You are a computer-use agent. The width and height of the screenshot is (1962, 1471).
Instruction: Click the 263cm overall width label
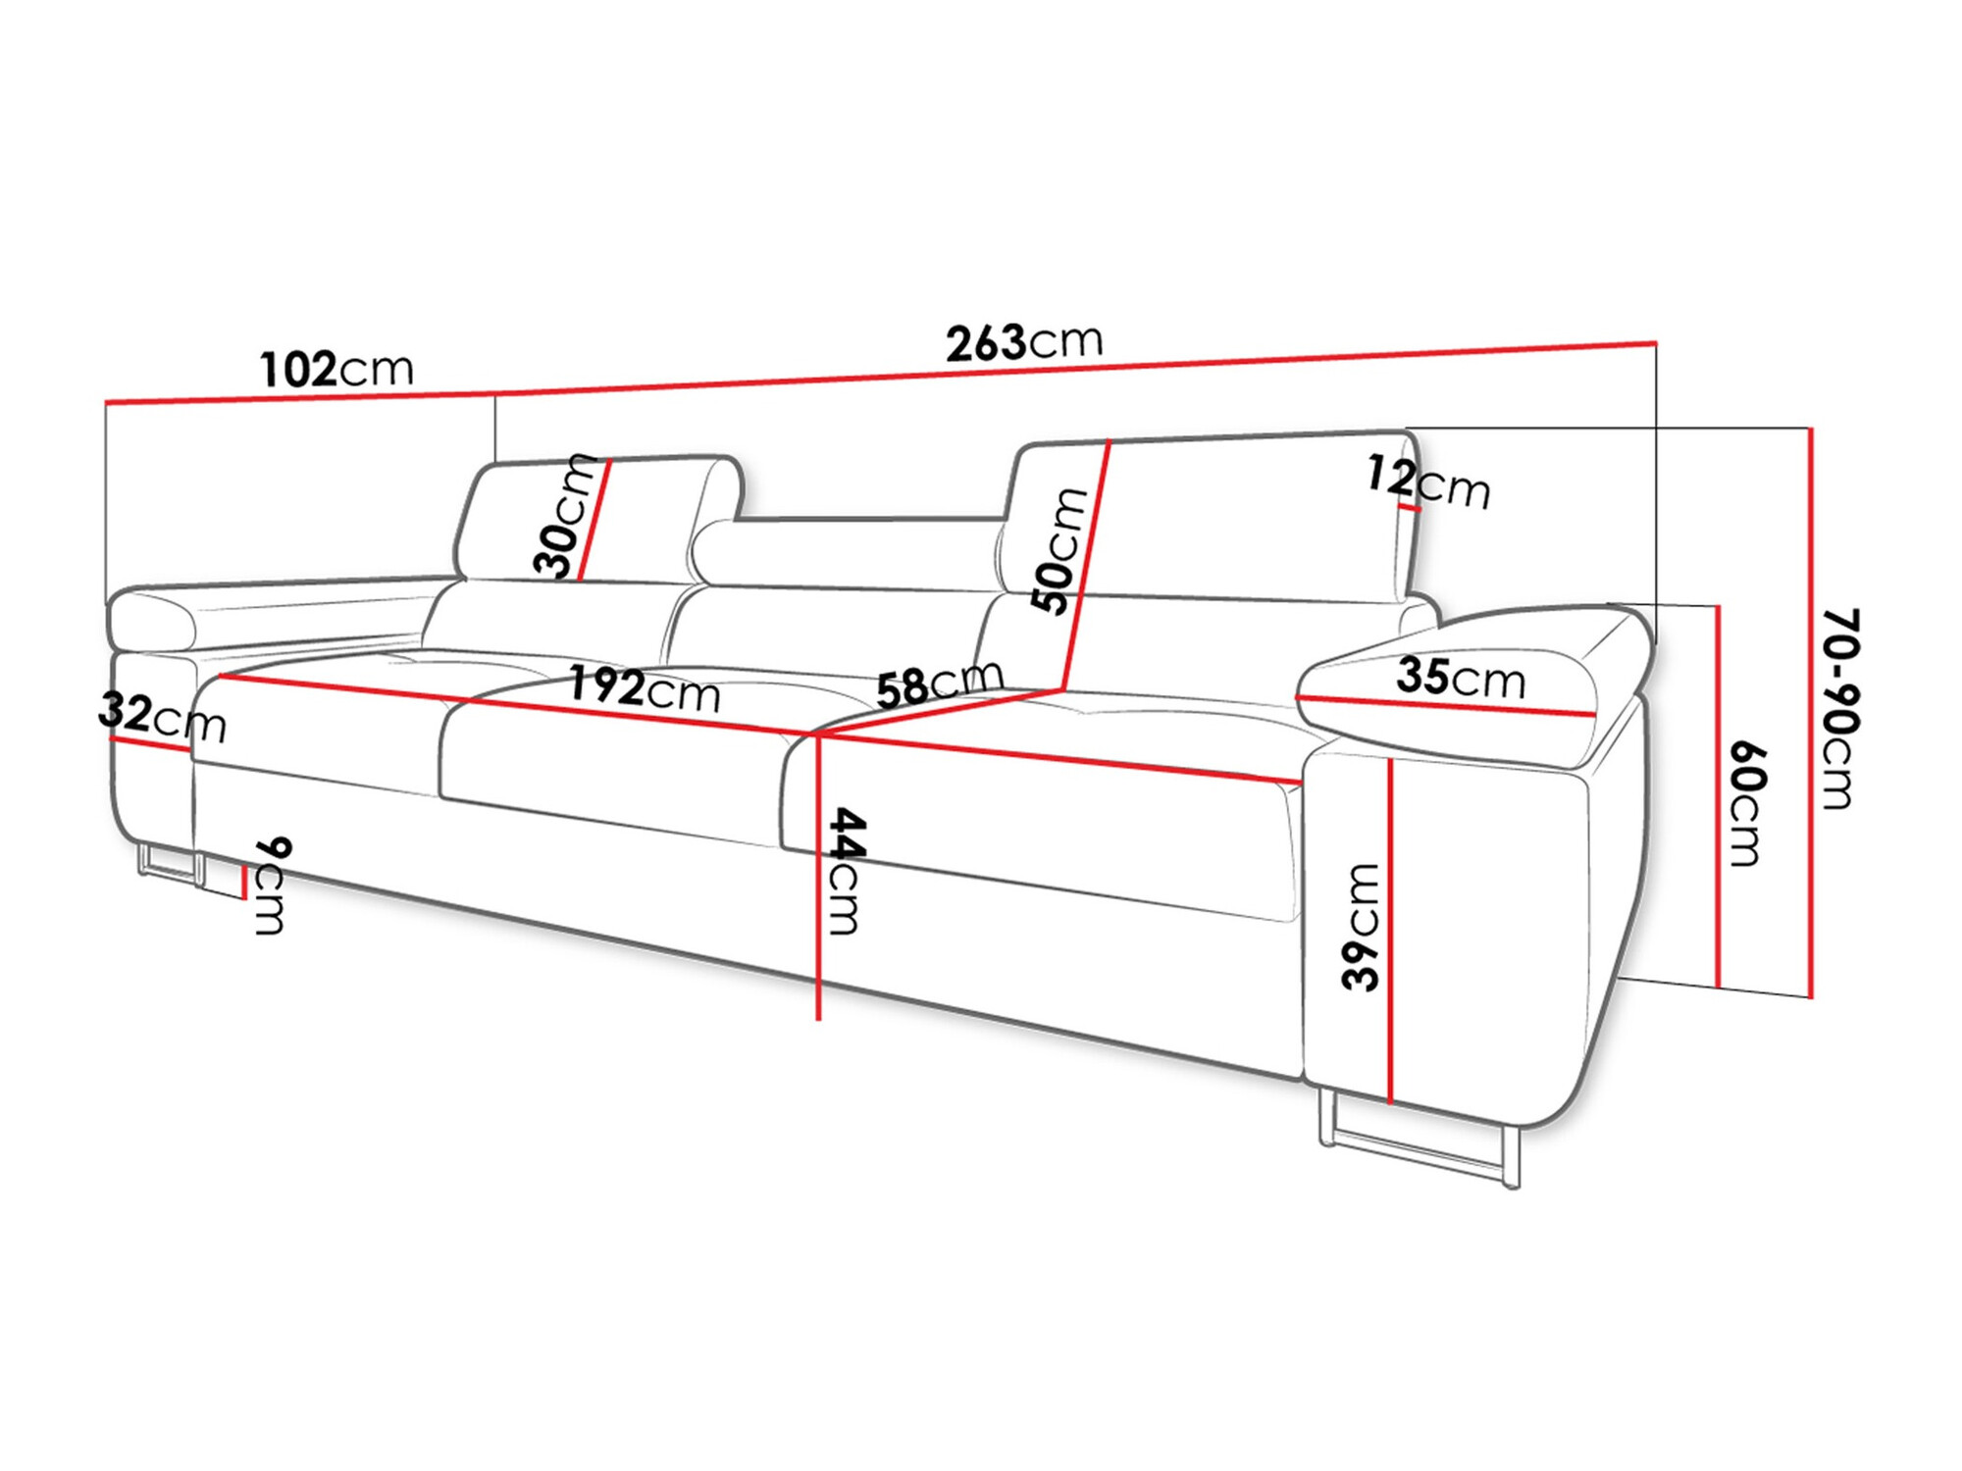pyautogui.click(x=1024, y=342)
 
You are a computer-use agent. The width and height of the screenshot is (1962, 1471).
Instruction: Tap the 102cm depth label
pyautogui.click(x=336, y=370)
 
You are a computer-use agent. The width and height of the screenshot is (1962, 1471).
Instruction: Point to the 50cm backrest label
pyautogui.click(x=1059, y=550)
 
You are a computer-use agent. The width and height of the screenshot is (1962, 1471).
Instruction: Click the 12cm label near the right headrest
pyautogui.click(x=1428, y=482)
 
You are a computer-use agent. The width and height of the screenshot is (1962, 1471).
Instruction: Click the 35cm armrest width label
pyautogui.click(x=1461, y=677)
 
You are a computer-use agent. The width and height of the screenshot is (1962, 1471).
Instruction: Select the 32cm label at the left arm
pyautogui.click(x=162, y=717)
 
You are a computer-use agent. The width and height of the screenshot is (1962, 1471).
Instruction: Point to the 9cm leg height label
pyautogui.click(x=271, y=886)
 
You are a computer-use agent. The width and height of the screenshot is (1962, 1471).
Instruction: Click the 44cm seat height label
pyautogui.click(x=846, y=871)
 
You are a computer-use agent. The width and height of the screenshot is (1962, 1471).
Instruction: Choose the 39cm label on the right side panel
pyautogui.click(x=1361, y=927)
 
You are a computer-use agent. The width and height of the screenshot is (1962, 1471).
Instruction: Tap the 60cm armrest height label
pyautogui.click(x=1746, y=804)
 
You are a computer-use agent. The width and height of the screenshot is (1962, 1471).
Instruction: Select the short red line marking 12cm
pyautogui.click(x=1410, y=507)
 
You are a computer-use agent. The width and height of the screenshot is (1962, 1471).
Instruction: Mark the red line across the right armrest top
pyautogui.click(x=1442, y=704)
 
